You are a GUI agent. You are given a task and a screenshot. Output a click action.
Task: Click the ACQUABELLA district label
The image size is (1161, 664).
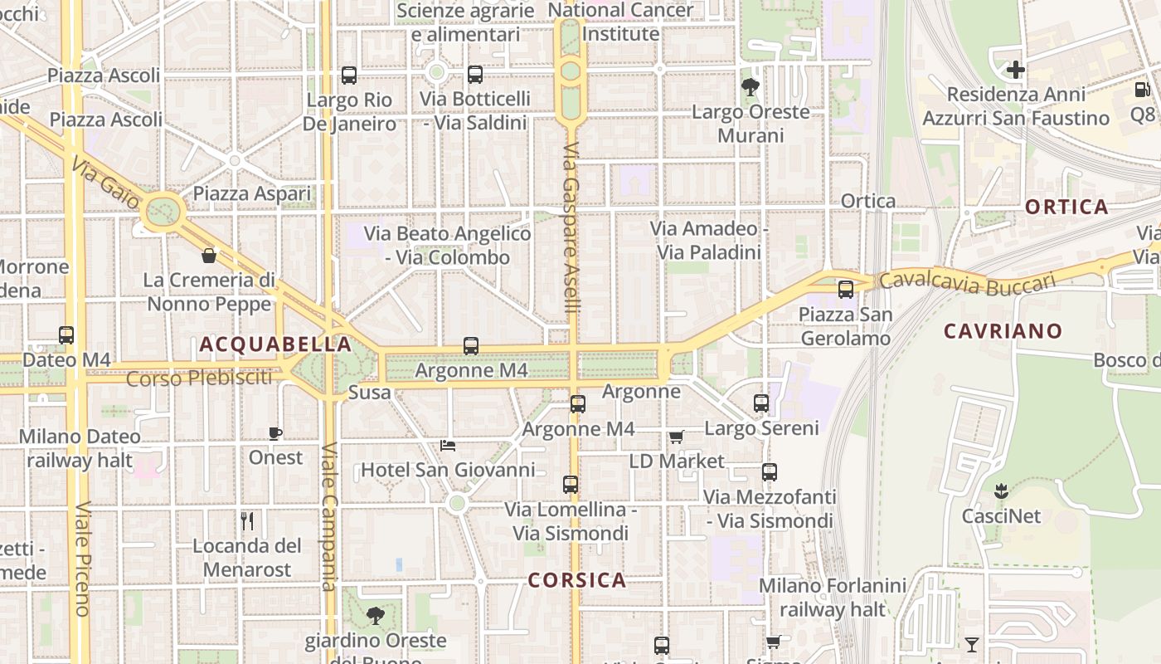[x=275, y=344]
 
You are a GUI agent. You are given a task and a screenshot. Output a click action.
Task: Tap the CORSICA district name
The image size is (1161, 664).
[x=577, y=580]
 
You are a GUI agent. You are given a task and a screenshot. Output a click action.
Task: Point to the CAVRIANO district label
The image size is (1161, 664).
[x=1003, y=331]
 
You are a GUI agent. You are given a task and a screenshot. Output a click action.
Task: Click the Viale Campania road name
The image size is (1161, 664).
[x=329, y=519]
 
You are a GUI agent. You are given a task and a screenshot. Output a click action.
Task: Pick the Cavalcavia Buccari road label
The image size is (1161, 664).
[x=967, y=282]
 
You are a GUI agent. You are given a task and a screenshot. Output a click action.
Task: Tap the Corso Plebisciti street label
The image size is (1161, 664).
[x=199, y=378]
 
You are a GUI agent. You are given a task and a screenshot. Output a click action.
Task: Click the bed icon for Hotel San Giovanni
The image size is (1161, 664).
[x=448, y=446]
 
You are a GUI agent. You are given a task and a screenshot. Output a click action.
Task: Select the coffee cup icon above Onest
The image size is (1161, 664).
[x=275, y=433]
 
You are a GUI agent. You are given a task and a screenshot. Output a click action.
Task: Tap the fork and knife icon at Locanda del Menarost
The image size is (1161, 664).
[x=247, y=521]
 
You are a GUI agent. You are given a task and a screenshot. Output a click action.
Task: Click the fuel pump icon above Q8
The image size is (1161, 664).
[x=1141, y=89]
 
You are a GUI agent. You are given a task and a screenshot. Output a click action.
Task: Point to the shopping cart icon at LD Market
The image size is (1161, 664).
[x=677, y=437]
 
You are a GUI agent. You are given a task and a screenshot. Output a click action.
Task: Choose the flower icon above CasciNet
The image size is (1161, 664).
[x=1001, y=491]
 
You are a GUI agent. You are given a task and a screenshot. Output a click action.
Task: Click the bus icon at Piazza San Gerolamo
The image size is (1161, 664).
[x=846, y=290]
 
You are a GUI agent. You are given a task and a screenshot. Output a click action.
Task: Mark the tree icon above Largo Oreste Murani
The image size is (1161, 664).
[x=751, y=86]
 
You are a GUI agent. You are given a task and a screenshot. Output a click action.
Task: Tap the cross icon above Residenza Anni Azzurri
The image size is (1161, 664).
[x=1016, y=70]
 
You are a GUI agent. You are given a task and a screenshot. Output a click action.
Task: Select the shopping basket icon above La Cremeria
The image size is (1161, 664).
[x=209, y=255]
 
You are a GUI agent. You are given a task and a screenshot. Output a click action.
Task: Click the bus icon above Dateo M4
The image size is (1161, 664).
[x=66, y=335]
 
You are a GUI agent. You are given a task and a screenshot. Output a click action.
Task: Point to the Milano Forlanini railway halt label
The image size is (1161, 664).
[x=833, y=598]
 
